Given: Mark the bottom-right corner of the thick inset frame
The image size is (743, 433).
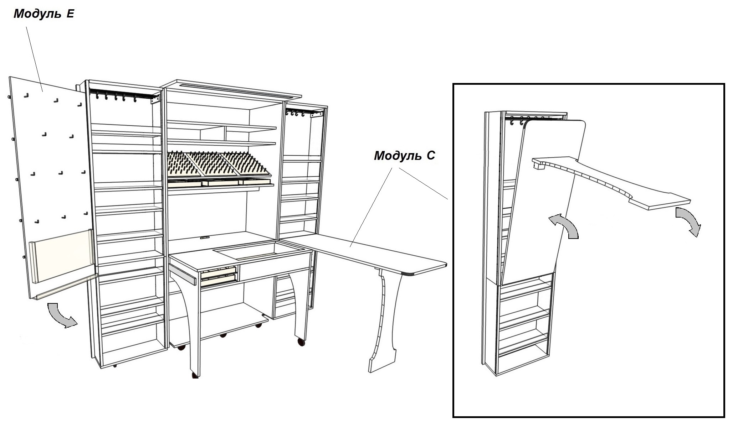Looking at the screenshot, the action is pos(724,417).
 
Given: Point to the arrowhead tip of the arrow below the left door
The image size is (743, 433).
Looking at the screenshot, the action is pos(77,323).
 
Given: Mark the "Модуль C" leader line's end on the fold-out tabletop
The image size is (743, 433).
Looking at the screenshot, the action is pos(350,247).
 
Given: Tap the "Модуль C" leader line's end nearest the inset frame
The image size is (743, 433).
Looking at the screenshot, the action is pos(448,199).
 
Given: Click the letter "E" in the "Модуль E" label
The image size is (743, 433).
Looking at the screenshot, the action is pos(70,14).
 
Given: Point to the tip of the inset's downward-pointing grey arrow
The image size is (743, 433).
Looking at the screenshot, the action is pos(695,237).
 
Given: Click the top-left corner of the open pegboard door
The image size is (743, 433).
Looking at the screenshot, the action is pos(9,77).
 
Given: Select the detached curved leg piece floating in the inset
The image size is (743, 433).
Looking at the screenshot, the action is pos(611,182).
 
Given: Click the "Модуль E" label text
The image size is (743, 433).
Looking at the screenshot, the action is pos(44,14).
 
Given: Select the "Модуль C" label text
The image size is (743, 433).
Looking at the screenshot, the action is pos(405,156).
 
